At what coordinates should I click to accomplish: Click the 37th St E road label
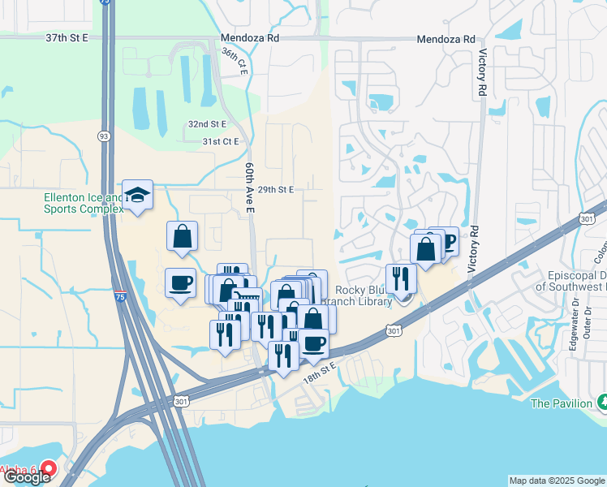pyautogui.click(x=67, y=38)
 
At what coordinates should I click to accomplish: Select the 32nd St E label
pyautogui.click(x=208, y=123)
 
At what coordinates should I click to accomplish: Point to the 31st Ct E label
pyautogui.click(x=221, y=141)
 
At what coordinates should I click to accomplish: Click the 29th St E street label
pyautogui.click(x=275, y=189)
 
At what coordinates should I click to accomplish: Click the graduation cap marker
pyautogui.click(x=138, y=196)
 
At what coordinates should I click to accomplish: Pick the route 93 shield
pyautogui.click(x=105, y=136)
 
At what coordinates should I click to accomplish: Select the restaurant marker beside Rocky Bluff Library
pyautogui.click(x=401, y=278)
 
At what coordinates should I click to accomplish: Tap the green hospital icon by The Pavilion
pyautogui.click(x=602, y=402)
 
